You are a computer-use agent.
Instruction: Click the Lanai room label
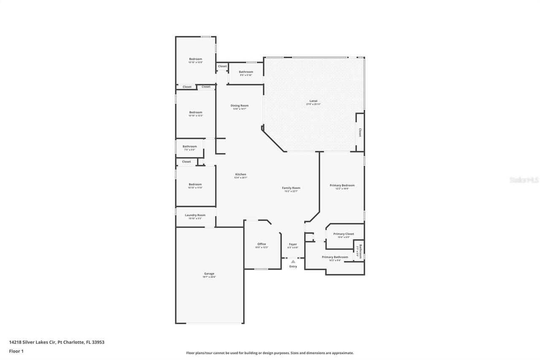(x=313, y=101)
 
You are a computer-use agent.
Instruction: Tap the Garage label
(x=209, y=273)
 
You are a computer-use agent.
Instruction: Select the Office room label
(x=262, y=244)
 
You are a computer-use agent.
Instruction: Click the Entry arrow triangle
(x=293, y=262)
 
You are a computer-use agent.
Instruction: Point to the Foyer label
(x=293, y=244)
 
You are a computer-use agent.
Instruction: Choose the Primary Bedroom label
(x=342, y=185)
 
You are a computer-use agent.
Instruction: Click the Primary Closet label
(x=343, y=234)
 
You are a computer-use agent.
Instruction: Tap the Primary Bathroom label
(x=335, y=257)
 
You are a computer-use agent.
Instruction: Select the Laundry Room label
(x=195, y=215)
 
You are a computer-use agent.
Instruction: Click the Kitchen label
(x=240, y=174)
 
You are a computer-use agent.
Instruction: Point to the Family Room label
(x=291, y=188)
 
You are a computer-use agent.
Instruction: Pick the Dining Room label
(x=239, y=106)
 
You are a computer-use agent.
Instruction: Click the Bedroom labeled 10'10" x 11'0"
(x=195, y=184)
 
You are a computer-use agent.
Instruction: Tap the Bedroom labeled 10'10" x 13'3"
(x=195, y=112)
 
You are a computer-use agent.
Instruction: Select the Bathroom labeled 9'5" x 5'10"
(x=246, y=72)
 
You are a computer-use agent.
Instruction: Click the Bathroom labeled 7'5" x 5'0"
(x=189, y=146)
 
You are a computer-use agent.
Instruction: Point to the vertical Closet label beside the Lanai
(x=360, y=133)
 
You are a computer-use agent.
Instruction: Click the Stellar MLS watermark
(x=524, y=180)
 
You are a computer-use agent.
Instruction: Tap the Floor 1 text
(x=16, y=351)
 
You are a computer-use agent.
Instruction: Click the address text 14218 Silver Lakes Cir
(x=32, y=342)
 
